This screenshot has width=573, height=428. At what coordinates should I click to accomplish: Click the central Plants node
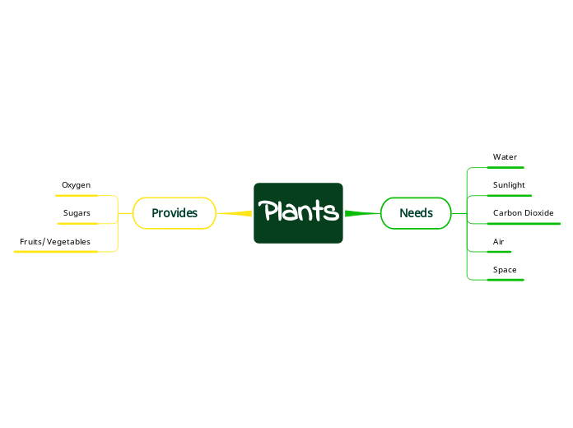click(298, 212)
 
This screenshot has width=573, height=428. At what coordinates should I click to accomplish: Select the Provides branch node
click(175, 213)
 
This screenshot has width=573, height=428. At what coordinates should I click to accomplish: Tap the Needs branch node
click(416, 213)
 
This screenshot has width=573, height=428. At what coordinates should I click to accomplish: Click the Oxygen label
click(76, 185)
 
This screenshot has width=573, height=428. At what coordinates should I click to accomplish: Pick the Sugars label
click(77, 213)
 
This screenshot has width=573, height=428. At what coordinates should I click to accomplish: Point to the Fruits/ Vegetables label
click(55, 242)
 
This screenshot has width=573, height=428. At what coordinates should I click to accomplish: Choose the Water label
click(505, 156)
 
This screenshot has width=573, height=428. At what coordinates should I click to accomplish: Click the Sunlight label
click(509, 185)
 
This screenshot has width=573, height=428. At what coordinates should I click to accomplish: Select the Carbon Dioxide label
click(523, 213)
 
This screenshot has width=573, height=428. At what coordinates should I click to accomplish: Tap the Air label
click(498, 242)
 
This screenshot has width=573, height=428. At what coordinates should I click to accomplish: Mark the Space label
click(505, 270)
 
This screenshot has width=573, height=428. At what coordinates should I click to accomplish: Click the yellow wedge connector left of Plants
click(235, 213)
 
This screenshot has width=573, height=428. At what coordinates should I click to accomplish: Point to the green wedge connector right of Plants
click(361, 213)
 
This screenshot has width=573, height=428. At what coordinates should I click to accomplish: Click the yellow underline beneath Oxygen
click(77, 196)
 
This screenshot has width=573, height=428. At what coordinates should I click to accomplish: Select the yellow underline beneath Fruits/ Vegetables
click(56, 252)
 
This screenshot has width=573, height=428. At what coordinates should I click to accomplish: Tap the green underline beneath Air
click(499, 252)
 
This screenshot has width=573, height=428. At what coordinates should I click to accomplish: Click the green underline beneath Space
click(505, 280)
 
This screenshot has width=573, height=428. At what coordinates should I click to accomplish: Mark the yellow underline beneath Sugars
click(77, 224)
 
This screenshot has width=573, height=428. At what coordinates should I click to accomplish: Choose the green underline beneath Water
click(505, 167)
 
